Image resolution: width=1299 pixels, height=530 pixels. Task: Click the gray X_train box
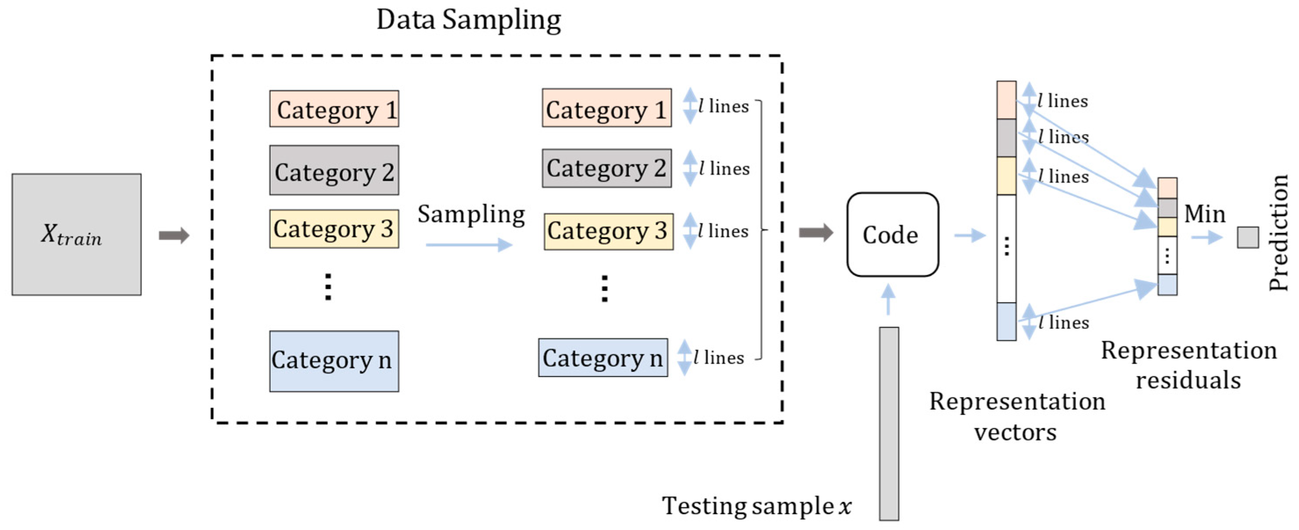(x=77, y=235)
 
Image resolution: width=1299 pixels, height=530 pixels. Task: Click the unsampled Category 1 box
(x=334, y=109)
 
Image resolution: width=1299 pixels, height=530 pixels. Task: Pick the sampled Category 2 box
(x=606, y=168)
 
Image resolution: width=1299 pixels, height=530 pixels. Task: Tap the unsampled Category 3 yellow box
(x=334, y=229)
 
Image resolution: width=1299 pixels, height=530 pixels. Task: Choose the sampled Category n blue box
(x=603, y=357)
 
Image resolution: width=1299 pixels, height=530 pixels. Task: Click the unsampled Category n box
(x=334, y=361)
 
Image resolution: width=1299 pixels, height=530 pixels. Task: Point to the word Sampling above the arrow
(x=471, y=214)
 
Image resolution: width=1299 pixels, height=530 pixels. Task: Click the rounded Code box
(x=892, y=235)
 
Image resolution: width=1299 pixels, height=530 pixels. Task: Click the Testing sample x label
(x=757, y=506)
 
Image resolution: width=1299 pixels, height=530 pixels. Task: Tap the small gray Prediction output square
(x=1248, y=237)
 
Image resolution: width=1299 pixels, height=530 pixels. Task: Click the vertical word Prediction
(x=1278, y=232)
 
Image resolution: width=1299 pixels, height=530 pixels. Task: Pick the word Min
(x=1204, y=214)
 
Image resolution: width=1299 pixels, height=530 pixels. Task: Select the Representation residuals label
(x=1188, y=365)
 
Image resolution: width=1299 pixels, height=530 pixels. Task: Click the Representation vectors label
(x=1017, y=417)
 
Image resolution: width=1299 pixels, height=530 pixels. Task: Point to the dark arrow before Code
(x=815, y=232)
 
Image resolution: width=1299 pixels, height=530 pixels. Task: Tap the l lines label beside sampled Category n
(x=718, y=357)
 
